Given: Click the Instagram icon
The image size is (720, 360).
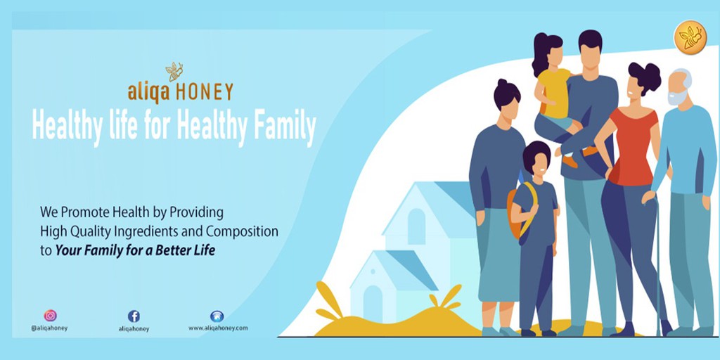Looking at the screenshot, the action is point(50,316).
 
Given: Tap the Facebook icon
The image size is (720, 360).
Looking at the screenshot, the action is point(134,316).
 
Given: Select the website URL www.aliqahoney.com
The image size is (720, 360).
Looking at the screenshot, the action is point(218,328).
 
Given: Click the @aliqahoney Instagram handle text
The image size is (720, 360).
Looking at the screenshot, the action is point(50,328).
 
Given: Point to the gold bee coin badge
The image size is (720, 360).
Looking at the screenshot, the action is point(690,38).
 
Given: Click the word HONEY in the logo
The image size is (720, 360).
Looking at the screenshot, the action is point(205,92).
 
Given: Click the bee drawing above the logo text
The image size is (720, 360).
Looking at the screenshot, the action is point(174,72).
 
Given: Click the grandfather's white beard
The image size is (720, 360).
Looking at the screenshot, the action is point(677,97).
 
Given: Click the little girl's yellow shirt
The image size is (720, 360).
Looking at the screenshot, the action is point(555,92).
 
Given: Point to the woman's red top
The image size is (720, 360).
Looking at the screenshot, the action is point(633,146).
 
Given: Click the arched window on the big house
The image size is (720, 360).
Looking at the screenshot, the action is point(416,226).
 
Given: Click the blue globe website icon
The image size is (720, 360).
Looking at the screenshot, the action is point(217,316).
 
